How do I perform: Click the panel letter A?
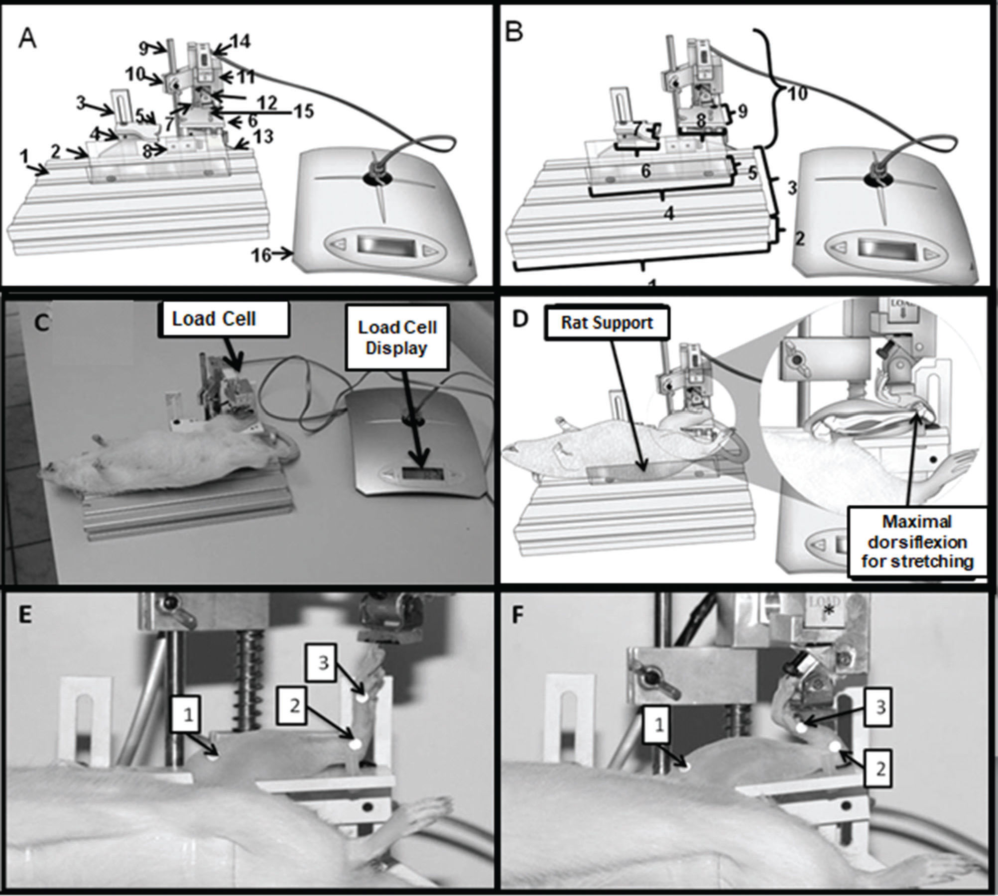coord(27,39)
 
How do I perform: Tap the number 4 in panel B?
coord(669,214)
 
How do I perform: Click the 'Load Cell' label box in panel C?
coord(214,319)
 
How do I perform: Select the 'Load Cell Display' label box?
coord(397,337)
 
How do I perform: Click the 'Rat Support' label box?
coord(607,323)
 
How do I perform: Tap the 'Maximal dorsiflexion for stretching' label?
coord(917,542)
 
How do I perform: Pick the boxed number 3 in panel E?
coord(324,664)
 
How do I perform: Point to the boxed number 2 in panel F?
coord(880,769)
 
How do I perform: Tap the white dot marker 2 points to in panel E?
coord(356,745)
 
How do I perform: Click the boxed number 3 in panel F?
coord(880,707)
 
